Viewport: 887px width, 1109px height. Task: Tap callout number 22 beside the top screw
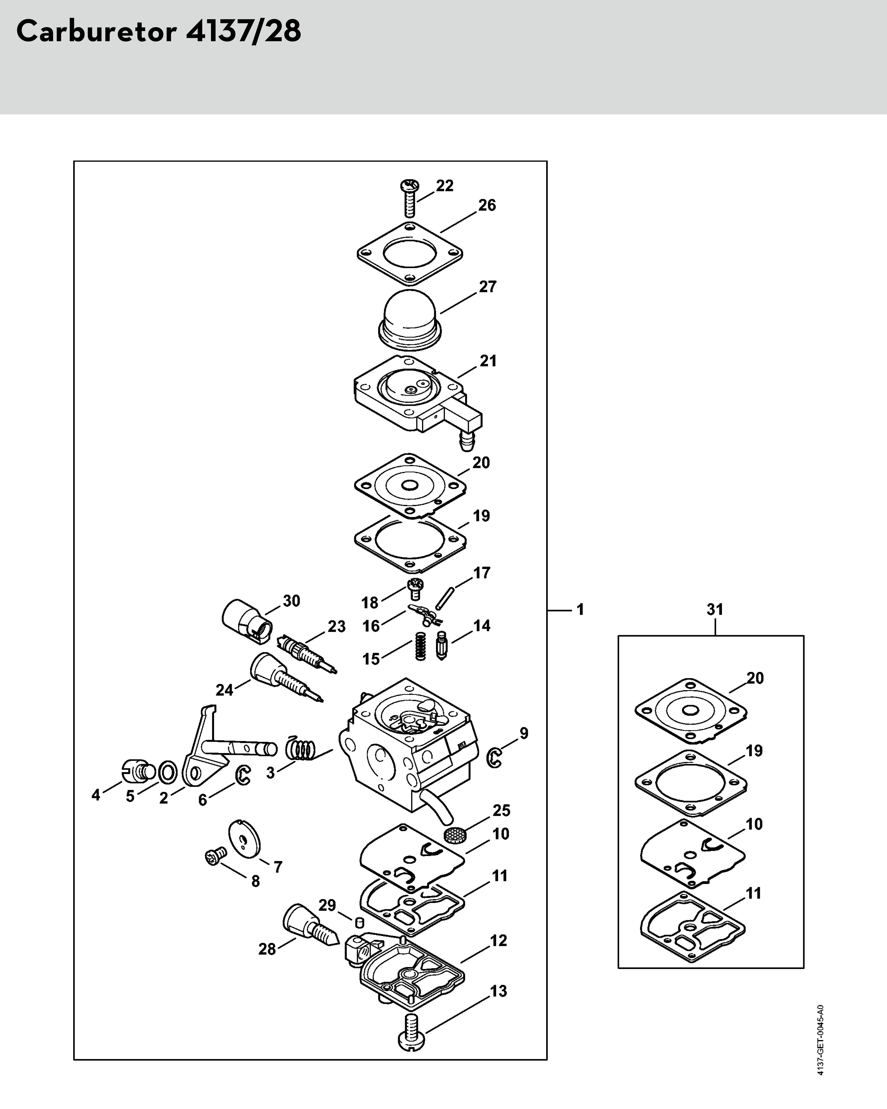click(x=445, y=186)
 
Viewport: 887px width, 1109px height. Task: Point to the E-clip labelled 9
click(x=494, y=758)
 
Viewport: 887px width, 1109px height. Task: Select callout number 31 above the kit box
click(x=715, y=610)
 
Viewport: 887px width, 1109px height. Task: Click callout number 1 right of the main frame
click(x=580, y=610)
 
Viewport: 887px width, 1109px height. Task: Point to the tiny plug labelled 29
click(x=360, y=922)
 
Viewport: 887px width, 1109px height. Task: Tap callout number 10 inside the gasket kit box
click(x=754, y=824)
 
